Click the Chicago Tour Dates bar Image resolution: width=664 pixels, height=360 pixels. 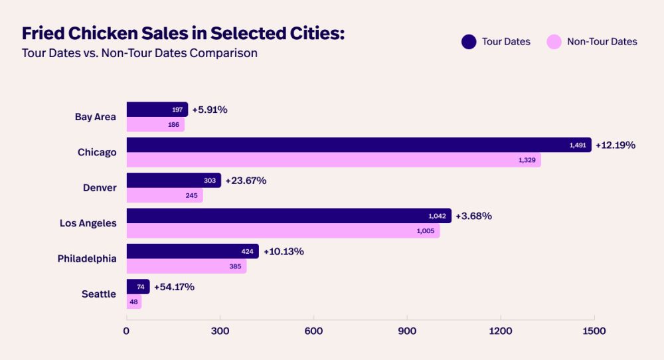pyautogui.click(x=359, y=145)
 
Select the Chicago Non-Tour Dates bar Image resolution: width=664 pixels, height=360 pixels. pyautogui.click(x=333, y=160)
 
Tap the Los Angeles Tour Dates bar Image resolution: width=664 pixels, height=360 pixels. pyautogui.click(x=289, y=216)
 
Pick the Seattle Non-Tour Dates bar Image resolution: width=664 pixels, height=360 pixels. pyautogui.click(x=134, y=302)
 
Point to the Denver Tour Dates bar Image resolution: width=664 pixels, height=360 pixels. pyautogui.click(x=173, y=180)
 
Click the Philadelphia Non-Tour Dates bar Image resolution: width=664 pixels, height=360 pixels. pyautogui.click(x=187, y=266)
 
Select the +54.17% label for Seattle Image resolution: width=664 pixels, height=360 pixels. pyautogui.click(x=174, y=287)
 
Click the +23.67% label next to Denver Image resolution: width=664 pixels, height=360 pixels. pyautogui.click(x=246, y=180)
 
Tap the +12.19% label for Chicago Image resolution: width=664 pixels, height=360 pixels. pyautogui.click(x=616, y=145)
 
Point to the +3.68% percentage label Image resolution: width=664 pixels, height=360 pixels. pyautogui.click(x=473, y=216)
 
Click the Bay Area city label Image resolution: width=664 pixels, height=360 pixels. pyautogui.click(x=96, y=117)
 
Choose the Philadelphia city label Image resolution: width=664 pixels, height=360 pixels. pyautogui.click(x=87, y=258)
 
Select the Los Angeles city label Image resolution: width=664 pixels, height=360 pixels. pyautogui.click(x=88, y=223)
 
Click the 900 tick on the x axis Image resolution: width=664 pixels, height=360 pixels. pyautogui.click(x=407, y=331)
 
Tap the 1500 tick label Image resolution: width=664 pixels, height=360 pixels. pyautogui.click(x=594, y=331)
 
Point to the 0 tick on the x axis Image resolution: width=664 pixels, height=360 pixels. pyautogui.click(x=126, y=331)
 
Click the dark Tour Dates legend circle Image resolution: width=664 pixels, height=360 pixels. pyautogui.click(x=469, y=42)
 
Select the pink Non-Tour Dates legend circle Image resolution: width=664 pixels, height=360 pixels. pyautogui.click(x=554, y=42)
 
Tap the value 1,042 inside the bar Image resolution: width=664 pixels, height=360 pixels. pyautogui.click(x=438, y=216)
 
